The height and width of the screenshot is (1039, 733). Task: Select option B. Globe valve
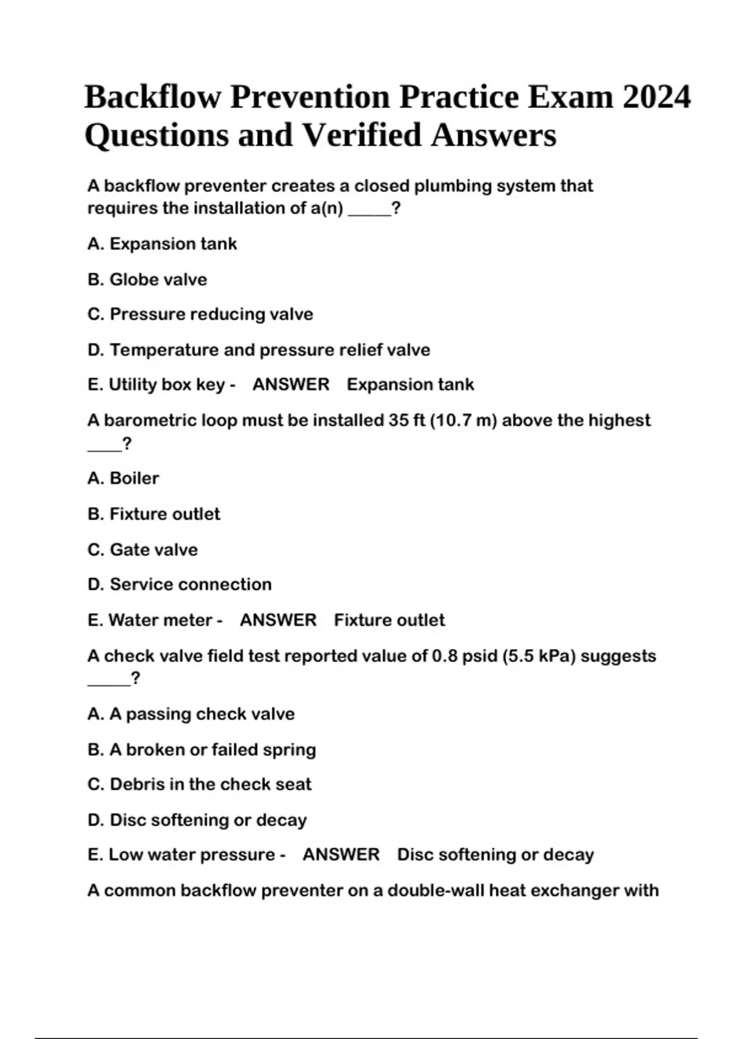pos(147,279)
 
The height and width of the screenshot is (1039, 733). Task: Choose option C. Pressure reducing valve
pos(200,314)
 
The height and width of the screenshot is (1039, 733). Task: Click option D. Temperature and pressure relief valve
pos(259,350)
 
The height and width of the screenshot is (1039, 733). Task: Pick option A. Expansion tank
pos(162,244)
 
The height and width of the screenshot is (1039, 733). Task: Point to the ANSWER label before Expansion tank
pos(291,384)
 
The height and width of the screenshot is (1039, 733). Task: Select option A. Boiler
pos(123,478)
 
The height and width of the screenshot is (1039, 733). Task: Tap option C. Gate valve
pos(142,549)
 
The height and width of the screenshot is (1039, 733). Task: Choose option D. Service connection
pos(180,584)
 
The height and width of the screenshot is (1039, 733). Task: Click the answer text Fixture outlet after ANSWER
pos(389,620)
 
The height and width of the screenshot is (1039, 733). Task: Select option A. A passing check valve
pos(191,714)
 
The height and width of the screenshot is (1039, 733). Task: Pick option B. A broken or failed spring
pos(202,749)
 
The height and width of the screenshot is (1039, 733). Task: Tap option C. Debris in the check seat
pos(199,784)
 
